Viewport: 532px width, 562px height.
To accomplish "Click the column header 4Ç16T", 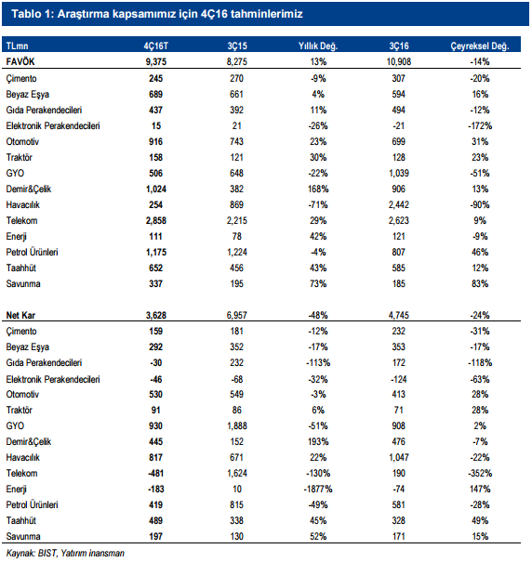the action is (x=156, y=46).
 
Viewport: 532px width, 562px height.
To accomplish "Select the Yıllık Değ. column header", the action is (x=318, y=46).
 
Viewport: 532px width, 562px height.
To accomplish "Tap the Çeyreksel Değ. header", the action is (x=480, y=46).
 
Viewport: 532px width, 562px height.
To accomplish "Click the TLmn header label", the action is (x=17, y=46).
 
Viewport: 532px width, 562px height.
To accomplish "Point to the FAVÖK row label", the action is (x=20, y=61).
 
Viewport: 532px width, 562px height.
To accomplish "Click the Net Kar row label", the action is (x=20, y=316).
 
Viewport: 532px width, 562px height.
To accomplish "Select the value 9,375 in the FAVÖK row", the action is (x=156, y=62).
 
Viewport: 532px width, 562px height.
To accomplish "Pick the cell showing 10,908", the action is (x=398, y=62).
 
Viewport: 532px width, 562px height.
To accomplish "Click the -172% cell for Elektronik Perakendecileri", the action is (x=480, y=125).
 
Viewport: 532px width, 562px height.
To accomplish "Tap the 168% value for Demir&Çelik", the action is (x=318, y=189).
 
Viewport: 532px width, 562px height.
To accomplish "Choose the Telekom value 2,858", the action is (x=156, y=220).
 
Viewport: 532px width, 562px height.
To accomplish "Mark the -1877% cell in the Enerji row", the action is (x=318, y=489).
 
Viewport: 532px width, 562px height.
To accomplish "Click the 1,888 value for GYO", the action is (x=237, y=425).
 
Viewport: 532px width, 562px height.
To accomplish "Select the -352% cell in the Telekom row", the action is (x=480, y=473).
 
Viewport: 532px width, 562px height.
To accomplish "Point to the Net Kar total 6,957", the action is (x=237, y=316).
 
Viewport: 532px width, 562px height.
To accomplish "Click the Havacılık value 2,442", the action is (x=398, y=204).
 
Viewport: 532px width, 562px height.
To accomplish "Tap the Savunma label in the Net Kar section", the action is (x=23, y=536).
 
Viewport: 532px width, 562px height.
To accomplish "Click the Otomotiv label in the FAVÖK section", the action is (x=22, y=141).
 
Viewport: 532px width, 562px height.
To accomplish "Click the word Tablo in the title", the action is (x=26, y=14).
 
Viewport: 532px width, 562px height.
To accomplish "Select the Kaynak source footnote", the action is (x=65, y=553).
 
